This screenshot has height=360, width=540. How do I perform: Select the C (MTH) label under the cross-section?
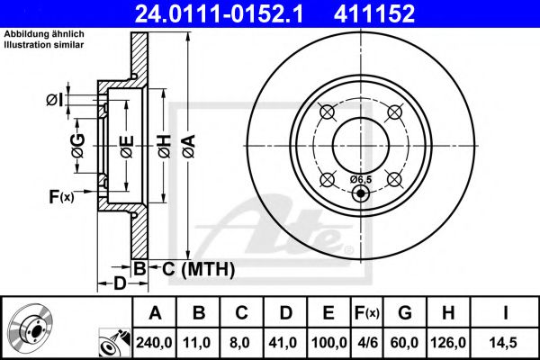point(193,268)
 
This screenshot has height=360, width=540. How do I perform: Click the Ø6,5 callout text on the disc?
point(360,180)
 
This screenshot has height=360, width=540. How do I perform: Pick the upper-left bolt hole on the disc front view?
point(327,112)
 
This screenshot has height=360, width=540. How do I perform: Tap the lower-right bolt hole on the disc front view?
point(393,177)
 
